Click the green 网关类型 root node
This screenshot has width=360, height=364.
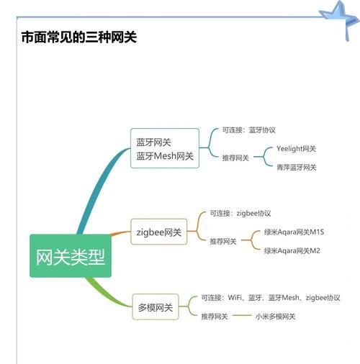click(x=71, y=256)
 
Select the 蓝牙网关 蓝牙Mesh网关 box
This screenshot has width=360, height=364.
click(x=165, y=148)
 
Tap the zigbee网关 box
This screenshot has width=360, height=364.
click(x=158, y=232)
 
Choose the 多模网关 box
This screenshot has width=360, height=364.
click(x=156, y=306)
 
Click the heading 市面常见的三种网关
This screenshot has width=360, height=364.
click(x=79, y=37)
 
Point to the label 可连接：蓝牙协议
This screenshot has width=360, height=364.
click(x=249, y=130)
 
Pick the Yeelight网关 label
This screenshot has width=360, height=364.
click(x=296, y=149)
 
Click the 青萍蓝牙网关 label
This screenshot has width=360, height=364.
click(x=297, y=167)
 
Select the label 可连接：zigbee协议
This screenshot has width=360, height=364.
click(x=240, y=213)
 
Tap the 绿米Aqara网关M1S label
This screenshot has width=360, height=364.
click(x=294, y=232)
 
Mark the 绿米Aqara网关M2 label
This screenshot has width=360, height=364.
click(x=292, y=250)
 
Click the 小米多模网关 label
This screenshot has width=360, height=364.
click(x=275, y=317)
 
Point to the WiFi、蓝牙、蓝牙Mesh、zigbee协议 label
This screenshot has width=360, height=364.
click(x=284, y=298)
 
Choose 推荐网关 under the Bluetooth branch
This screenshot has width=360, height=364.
click(x=235, y=158)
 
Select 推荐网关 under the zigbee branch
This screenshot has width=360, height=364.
click(x=223, y=241)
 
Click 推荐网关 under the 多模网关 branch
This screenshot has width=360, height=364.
click(x=215, y=317)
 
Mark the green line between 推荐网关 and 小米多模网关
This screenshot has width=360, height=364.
click(x=242, y=315)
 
